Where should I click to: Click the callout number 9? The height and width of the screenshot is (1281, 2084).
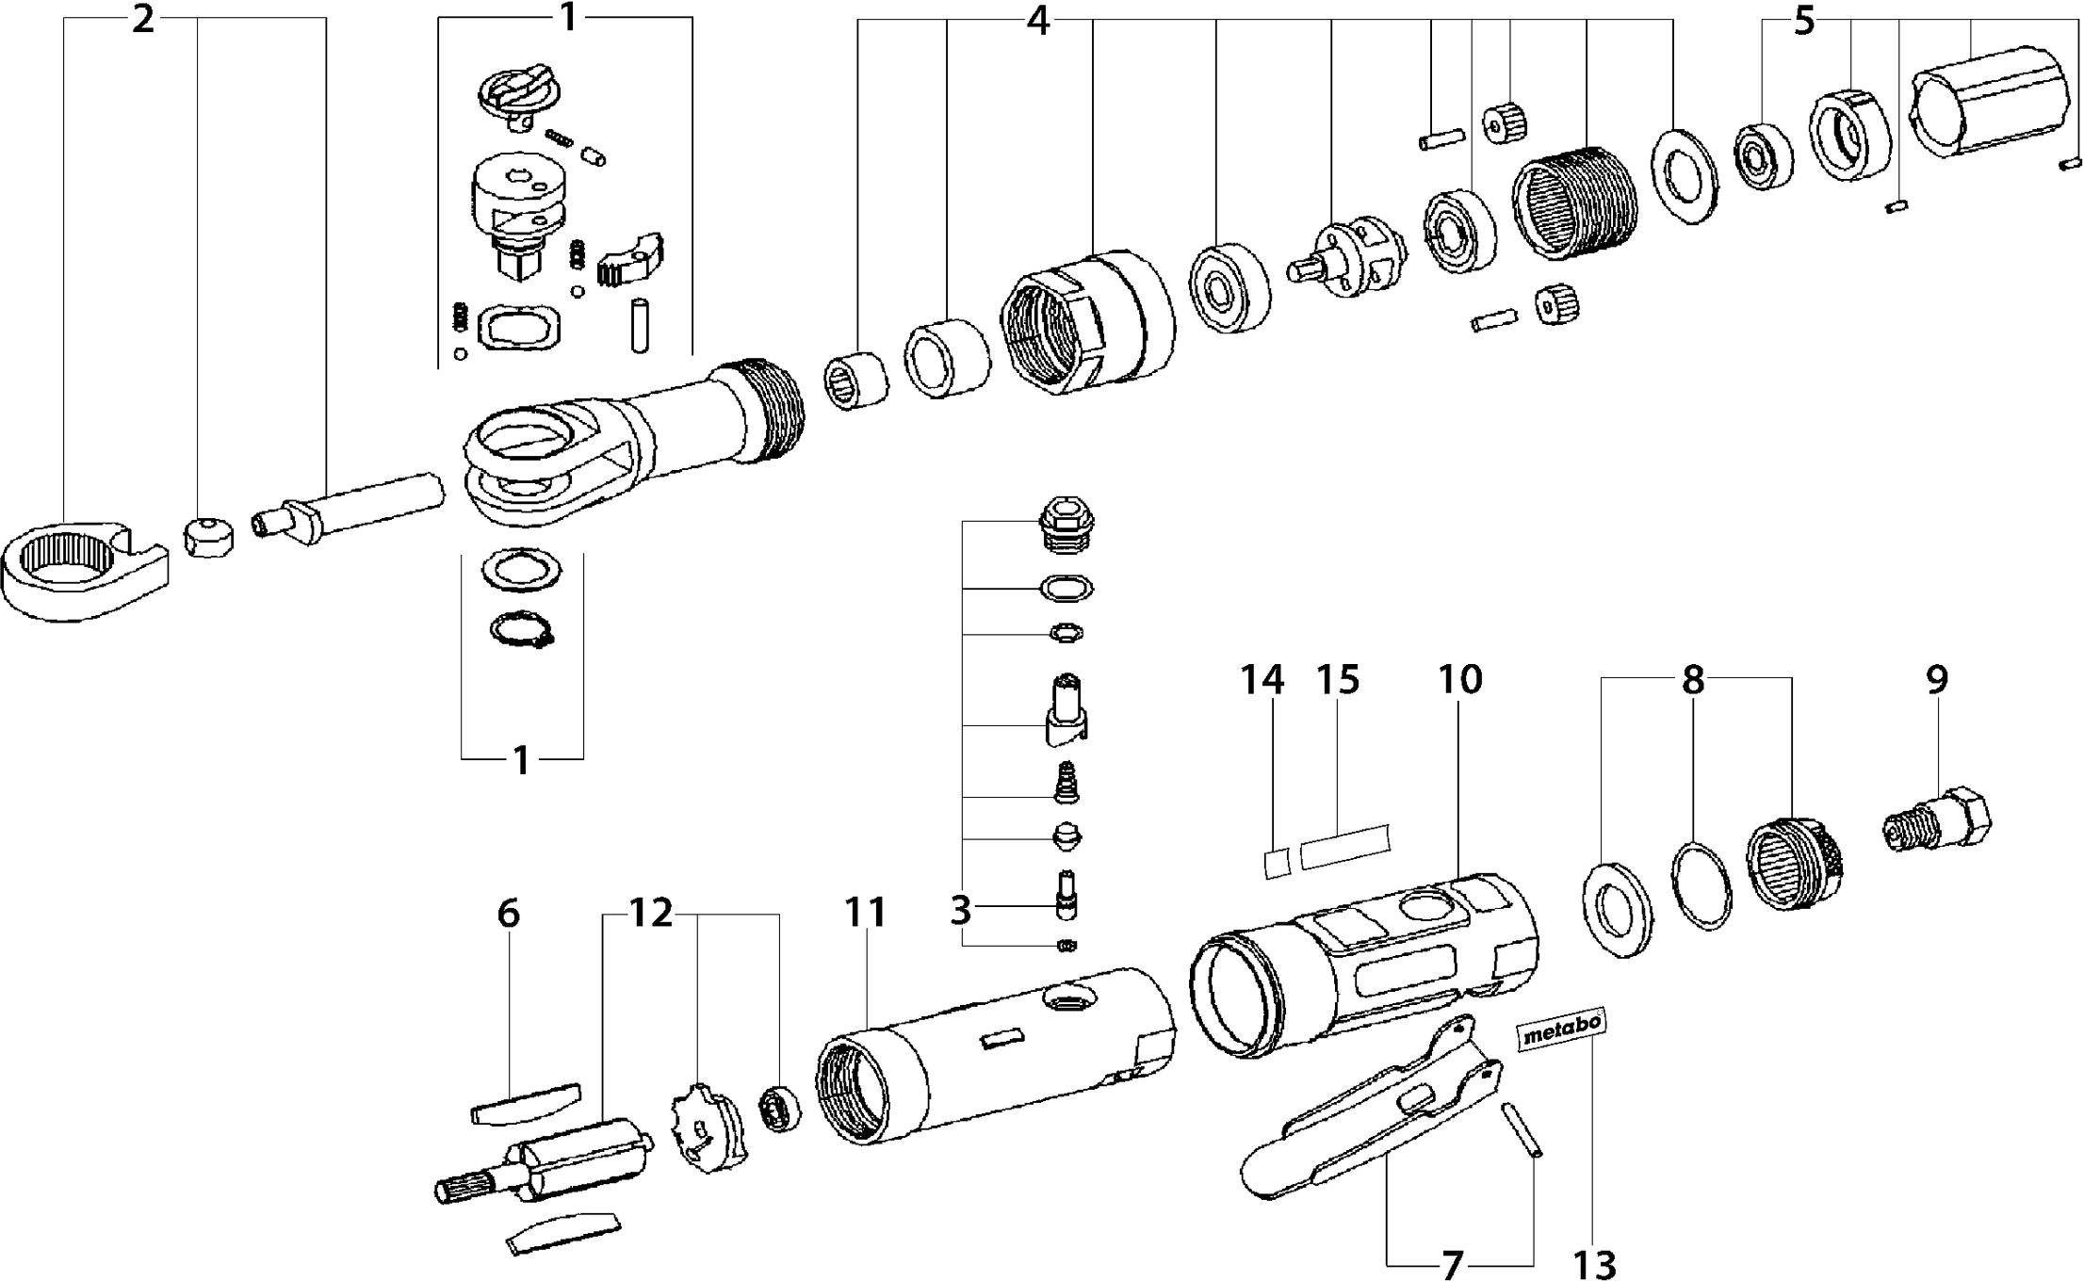(x=1936, y=680)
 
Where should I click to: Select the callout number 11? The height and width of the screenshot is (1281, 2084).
(x=865, y=913)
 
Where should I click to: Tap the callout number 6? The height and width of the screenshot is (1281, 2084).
(x=508, y=913)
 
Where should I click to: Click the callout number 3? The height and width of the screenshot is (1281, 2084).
(x=960, y=911)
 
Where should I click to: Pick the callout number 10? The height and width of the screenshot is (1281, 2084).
(x=1460, y=680)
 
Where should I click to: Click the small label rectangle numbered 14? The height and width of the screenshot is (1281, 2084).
(x=1276, y=862)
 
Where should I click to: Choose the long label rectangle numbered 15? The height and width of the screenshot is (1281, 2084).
(x=1344, y=844)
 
